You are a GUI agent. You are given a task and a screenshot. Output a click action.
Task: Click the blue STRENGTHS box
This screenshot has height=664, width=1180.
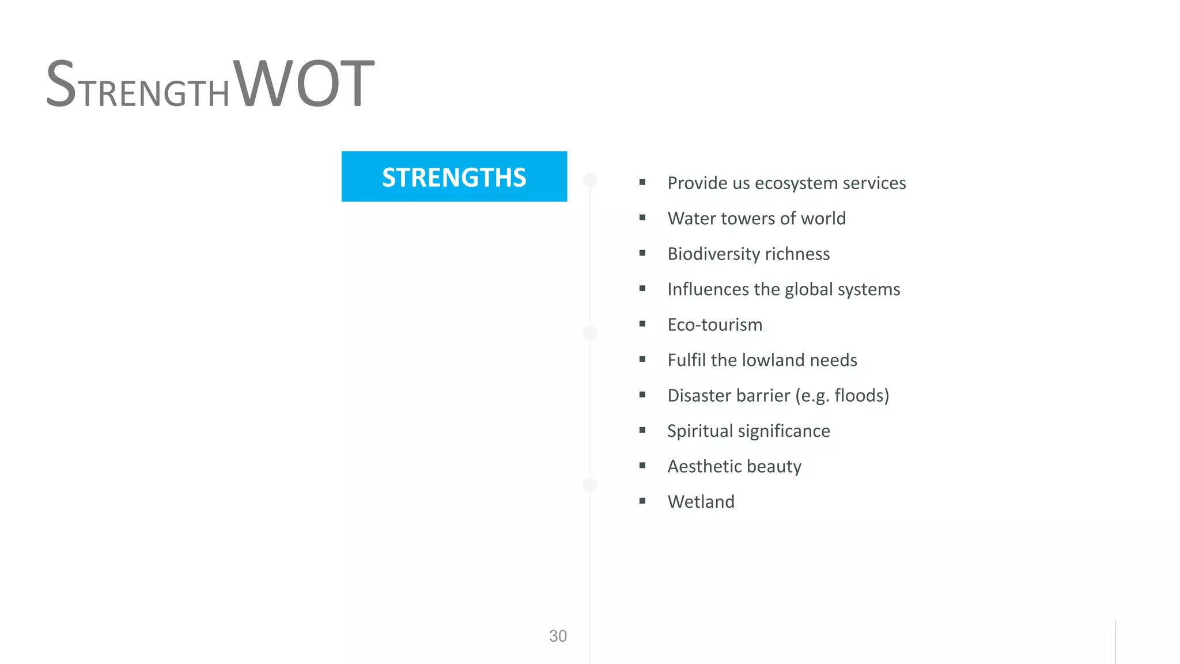(454, 176)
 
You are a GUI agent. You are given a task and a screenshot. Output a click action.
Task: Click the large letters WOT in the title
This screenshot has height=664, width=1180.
(304, 84)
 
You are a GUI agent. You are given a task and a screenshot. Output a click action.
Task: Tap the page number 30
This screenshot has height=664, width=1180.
(558, 636)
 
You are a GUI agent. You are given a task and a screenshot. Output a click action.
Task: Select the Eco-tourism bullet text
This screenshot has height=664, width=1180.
(714, 325)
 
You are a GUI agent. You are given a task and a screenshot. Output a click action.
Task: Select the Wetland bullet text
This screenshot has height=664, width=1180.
(701, 501)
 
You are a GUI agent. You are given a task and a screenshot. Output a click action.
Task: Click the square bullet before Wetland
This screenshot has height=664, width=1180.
(642, 501)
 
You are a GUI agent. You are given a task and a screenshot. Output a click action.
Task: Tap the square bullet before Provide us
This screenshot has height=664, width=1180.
(642, 182)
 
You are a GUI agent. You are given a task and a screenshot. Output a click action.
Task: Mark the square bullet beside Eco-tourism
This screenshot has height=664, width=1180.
(642, 324)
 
